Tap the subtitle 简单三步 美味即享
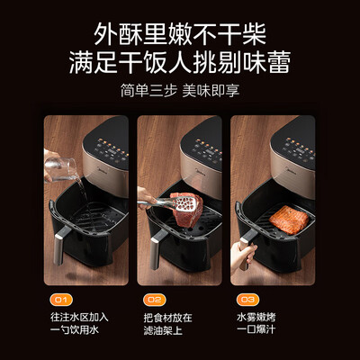[x=180, y=93]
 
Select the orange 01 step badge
[x=58, y=299]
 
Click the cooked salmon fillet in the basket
[x=287, y=220]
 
